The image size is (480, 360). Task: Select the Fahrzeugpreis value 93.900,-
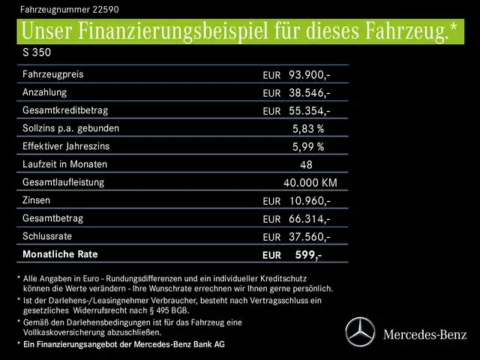click(309, 75)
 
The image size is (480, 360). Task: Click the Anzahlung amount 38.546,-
click(309, 93)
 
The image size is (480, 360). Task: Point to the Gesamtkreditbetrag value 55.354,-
click(309, 111)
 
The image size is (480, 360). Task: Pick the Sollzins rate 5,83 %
click(307, 129)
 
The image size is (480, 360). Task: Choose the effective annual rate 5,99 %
click(307, 147)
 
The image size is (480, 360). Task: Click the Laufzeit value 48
click(305, 165)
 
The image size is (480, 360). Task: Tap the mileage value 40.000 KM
click(310, 183)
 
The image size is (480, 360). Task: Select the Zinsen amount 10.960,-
click(309, 201)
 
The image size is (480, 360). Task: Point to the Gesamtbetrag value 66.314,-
click(309, 219)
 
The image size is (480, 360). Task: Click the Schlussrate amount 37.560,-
click(309, 237)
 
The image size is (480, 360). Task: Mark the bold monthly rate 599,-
click(308, 255)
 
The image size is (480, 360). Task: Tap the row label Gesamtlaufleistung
click(63, 182)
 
